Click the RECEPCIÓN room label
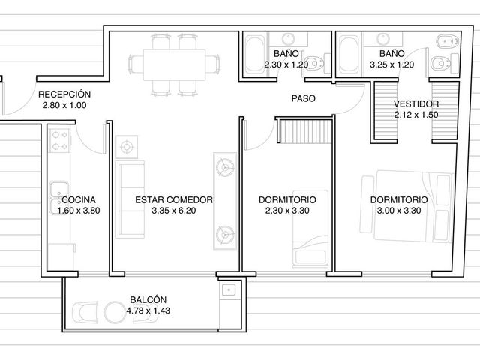[x=64, y=94]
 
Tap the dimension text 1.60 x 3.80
[x=79, y=211]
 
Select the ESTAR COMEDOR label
[x=174, y=200]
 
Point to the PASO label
[x=303, y=98]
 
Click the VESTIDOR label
[x=416, y=103]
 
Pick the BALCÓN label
[x=148, y=299]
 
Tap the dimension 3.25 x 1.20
[x=391, y=64]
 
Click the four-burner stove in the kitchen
[x=59, y=141]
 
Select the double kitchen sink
[x=59, y=197]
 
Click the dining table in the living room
[x=174, y=64]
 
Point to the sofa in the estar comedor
[x=130, y=199]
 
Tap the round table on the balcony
[x=115, y=313]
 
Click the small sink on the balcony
[x=228, y=289]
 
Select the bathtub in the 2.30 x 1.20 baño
[x=255, y=55]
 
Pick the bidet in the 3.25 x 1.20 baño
[x=447, y=41]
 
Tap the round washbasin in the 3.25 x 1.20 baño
[x=383, y=39]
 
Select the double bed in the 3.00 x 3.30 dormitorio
[x=406, y=206]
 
